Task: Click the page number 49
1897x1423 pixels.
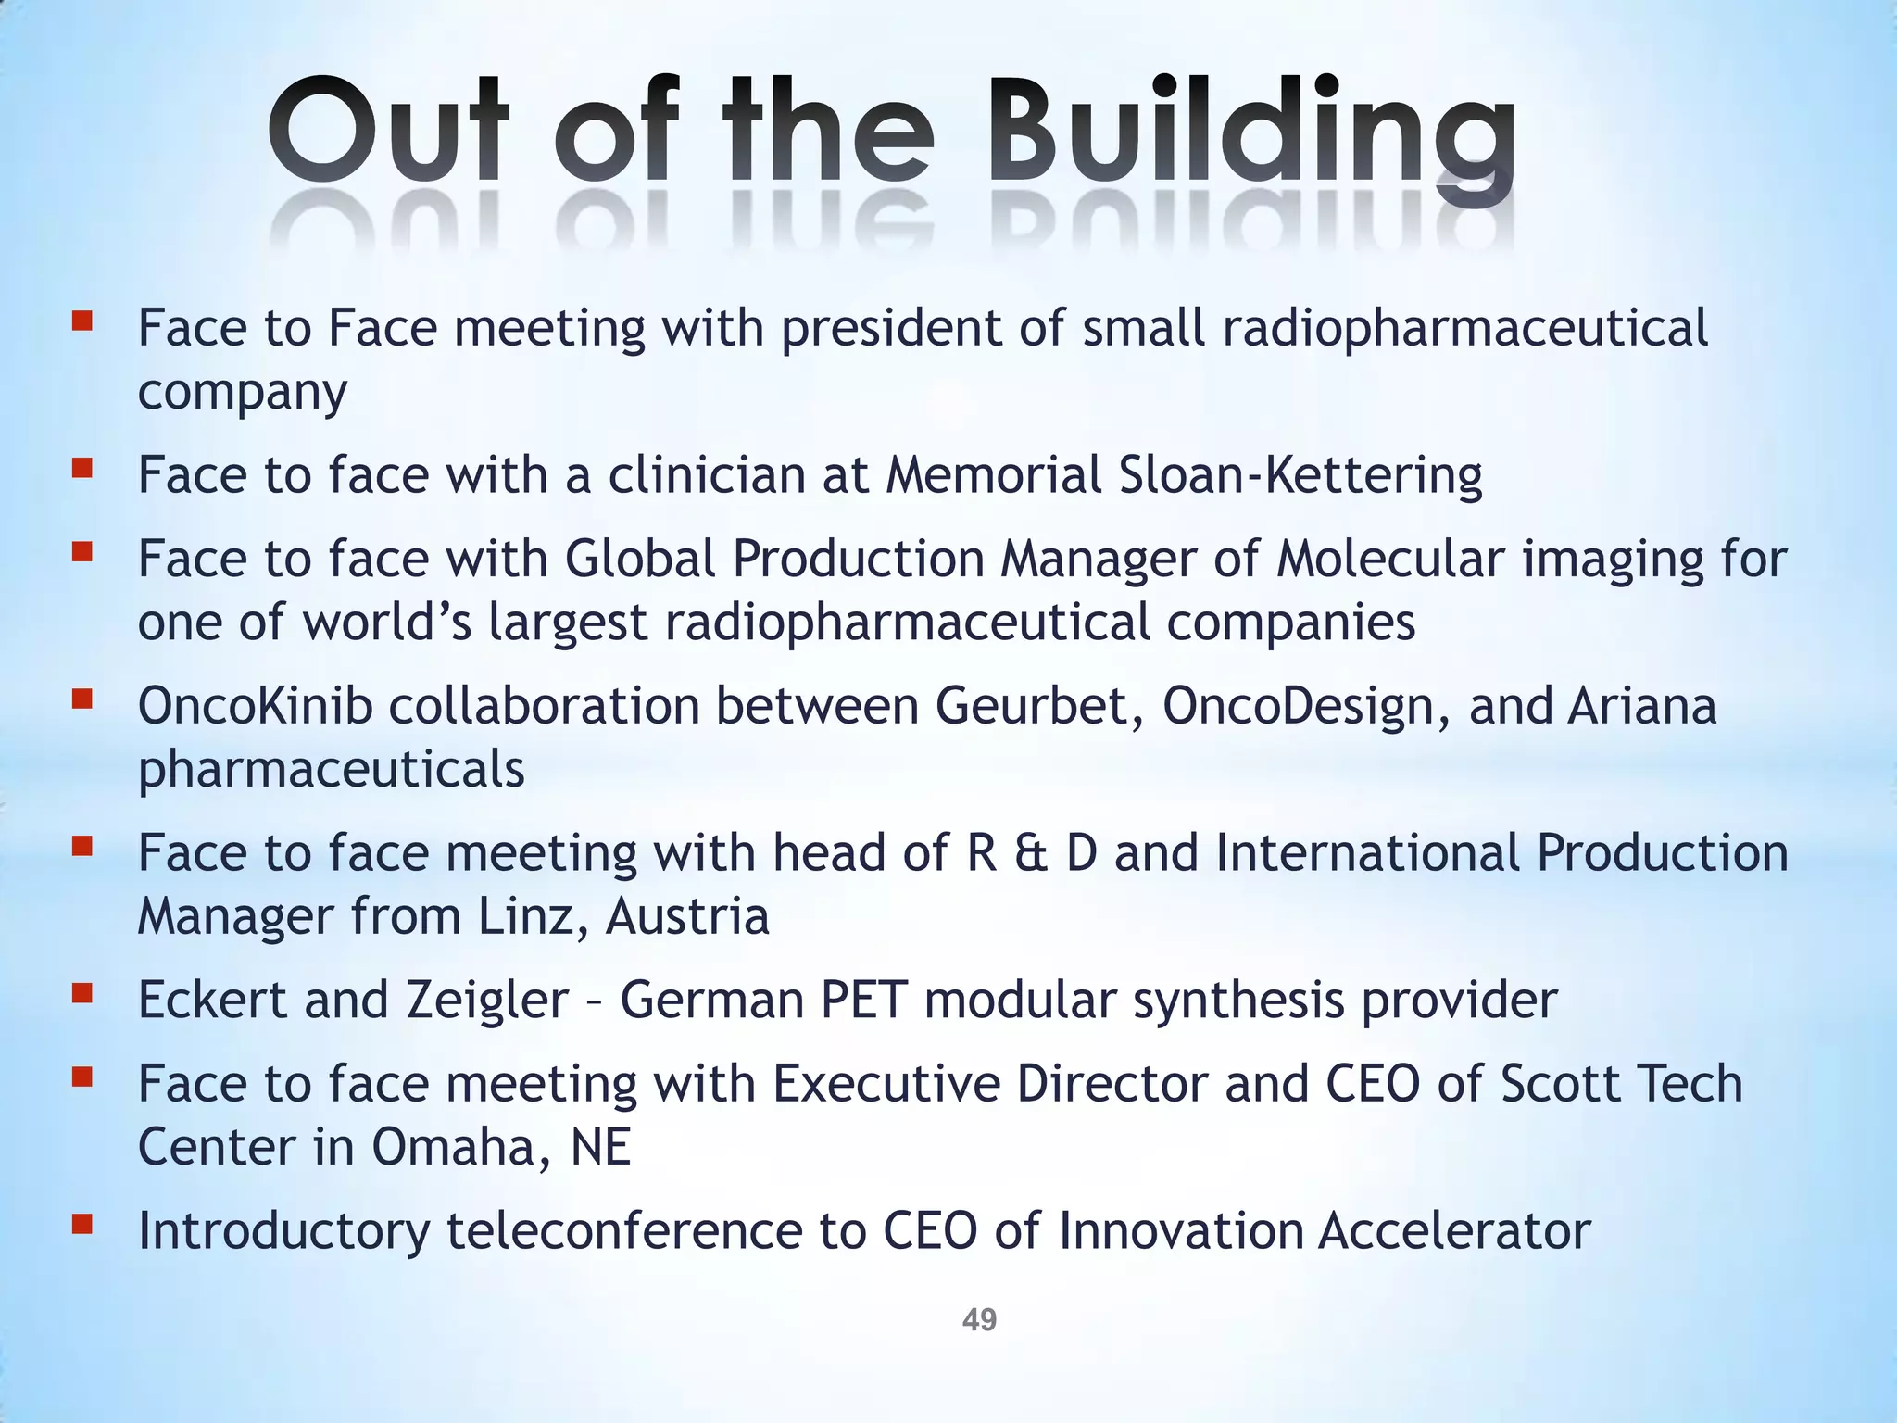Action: click(979, 1319)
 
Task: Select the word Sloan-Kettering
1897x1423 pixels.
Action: click(1300, 474)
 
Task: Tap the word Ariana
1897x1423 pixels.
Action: click(1641, 706)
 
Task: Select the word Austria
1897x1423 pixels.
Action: click(687, 916)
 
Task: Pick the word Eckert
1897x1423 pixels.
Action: click(212, 1000)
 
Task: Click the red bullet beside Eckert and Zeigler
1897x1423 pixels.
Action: click(82, 994)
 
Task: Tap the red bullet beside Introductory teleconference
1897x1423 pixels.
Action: click(82, 1225)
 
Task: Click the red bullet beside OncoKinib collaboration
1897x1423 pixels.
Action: click(82, 700)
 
